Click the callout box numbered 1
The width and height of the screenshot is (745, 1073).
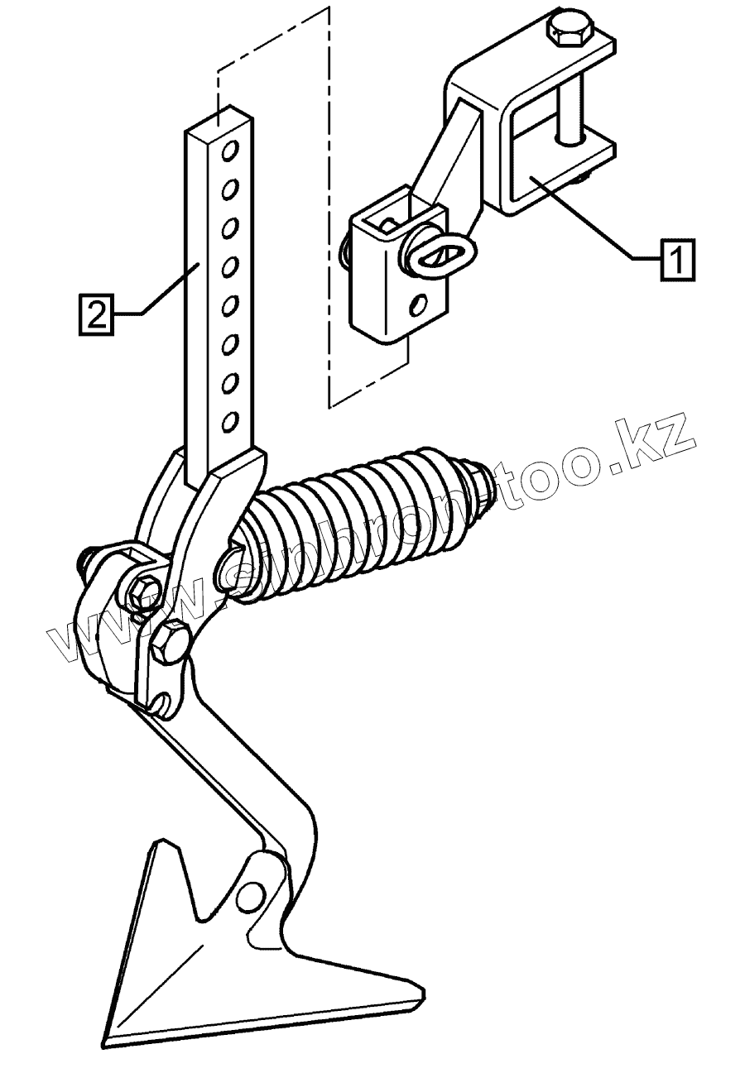pyautogui.click(x=677, y=260)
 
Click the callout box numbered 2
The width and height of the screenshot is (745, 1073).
pyautogui.click(x=97, y=314)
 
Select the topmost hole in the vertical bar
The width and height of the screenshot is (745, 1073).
pyautogui.click(x=232, y=151)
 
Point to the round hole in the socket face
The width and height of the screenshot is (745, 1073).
pyautogui.click(x=420, y=306)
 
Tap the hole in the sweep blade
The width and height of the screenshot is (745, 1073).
pyautogui.click(x=250, y=896)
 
